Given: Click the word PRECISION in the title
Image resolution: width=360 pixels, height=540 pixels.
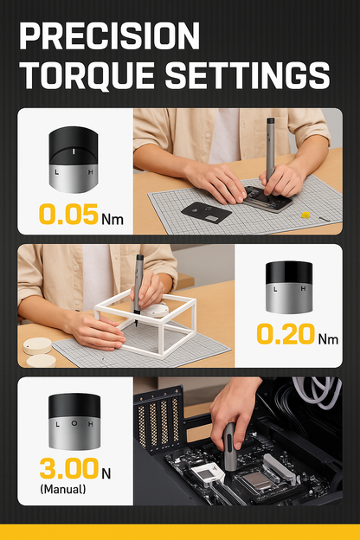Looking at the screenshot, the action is click(x=109, y=35).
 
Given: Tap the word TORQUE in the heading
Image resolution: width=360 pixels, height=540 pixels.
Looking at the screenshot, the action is click(x=87, y=76).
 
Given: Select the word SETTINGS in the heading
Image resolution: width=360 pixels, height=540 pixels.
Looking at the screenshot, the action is click(x=247, y=76).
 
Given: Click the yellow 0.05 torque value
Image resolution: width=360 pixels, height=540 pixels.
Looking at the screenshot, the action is click(x=68, y=215).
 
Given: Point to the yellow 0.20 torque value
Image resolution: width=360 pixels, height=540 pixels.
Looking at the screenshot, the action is click(x=286, y=334).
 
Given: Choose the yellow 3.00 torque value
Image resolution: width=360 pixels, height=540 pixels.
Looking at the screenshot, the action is click(x=69, y=468).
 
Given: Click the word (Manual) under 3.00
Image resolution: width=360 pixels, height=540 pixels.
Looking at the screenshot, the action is click(x=63, y=489).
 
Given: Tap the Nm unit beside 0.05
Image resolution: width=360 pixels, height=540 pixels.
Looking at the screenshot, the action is click(x=112, y=220).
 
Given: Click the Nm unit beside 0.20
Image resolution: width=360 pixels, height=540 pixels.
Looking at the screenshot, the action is click(x=328, y=339).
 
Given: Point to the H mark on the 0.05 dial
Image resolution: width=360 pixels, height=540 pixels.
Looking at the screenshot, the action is click(x=90, y=172).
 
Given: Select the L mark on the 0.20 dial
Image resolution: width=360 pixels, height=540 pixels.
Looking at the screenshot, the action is click(x=275, y=289).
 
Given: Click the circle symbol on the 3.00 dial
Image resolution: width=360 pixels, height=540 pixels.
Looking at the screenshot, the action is click(x=74, y=423).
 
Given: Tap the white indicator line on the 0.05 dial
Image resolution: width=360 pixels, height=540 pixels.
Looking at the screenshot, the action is click(x=74, y=151).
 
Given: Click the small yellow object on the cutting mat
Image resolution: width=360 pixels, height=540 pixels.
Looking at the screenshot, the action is click(x=305, y=215).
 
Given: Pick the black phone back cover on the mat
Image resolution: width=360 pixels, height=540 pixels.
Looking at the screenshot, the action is click(x=206, y=213).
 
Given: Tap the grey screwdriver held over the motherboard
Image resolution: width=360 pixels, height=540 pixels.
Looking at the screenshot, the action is click(x=230, y=447).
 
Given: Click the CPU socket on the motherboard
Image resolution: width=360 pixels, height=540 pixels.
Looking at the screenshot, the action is click(x=258, y=479).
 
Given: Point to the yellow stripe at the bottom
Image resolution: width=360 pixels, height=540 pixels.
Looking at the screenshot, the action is click(x=180, y=532).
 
